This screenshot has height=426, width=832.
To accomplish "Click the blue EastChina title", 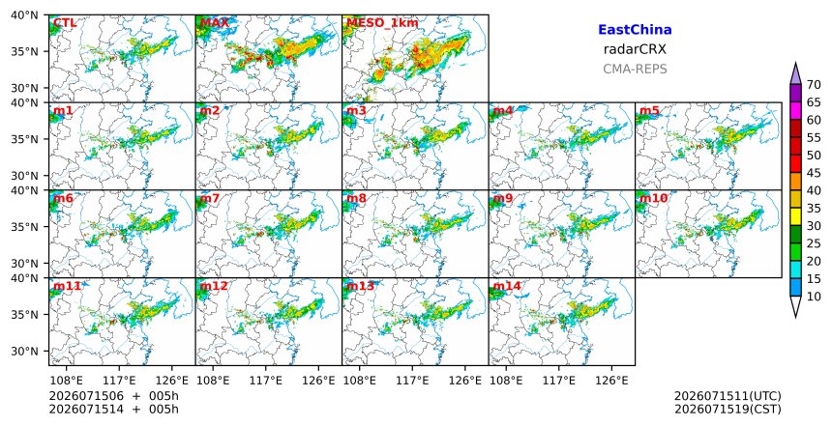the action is point(635,30).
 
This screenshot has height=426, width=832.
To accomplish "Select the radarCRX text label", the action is point(635,49).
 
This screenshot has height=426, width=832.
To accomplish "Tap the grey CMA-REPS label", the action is point(635,69).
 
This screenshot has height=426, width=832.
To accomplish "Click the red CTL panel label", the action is point(65,23).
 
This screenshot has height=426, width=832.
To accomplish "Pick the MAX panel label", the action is point(215,23).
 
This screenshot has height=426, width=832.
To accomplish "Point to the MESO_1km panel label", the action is point(382,23).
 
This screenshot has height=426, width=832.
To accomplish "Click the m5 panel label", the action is point(649,111).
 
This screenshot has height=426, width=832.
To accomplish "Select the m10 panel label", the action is point(654,198).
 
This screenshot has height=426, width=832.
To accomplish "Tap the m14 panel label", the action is point(507,286).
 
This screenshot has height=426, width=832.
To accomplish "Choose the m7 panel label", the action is point(210,198).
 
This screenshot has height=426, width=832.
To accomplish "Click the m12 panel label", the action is point(214,286).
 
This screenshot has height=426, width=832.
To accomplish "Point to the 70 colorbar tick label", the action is point(814,85).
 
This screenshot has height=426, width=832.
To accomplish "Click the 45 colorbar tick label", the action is point(814,173).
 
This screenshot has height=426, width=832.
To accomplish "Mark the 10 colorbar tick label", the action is point(814,297).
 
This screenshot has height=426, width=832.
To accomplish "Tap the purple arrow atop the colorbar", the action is point(795,73).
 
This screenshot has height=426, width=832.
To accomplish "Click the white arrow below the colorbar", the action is point(795,307).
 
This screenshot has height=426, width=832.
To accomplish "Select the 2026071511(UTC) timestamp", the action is point(728,396).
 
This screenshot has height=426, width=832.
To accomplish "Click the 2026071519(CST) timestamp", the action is point(728,409).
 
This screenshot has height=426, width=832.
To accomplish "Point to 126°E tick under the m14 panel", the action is point(611,381).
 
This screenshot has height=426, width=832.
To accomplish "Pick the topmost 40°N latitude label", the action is point(24,14).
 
